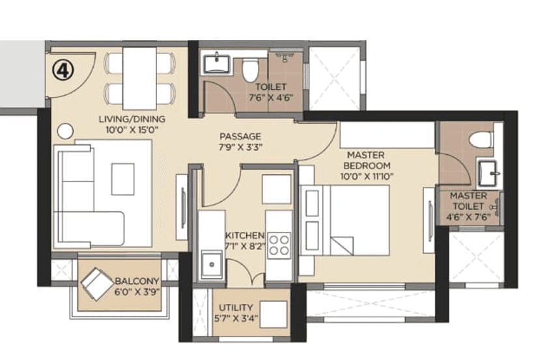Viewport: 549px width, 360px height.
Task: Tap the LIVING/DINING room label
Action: click(x=132, y=119)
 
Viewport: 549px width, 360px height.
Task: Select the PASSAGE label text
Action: click(x=240, y=136)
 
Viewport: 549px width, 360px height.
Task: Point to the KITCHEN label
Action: click(x=244, y=235)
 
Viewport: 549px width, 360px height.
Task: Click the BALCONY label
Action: click(x=137, y=281)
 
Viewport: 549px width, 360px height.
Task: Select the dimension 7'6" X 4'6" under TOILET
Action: click(x=270, y=98)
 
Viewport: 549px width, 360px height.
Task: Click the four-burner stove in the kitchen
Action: click(x=279, y=246)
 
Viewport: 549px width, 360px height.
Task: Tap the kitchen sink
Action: click(x=211, y=264)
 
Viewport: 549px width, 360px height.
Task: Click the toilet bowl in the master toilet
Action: click(x=481, y=139)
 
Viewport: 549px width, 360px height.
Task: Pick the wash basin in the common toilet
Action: click(x=216, y=64)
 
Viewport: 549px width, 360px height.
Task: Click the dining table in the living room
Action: click(x=139, y=79)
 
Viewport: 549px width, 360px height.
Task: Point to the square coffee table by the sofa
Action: click(x=122, y=178)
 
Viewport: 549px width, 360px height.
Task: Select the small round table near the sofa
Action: click(x=64, y=131)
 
